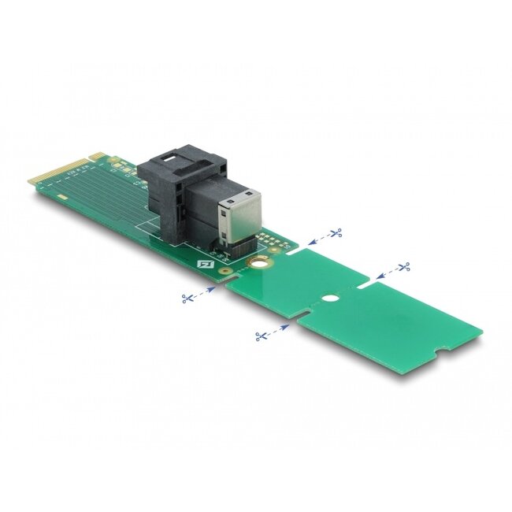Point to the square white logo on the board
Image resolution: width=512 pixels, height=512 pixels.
pos(208,265)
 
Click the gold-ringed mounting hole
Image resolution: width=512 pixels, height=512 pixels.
pos(257,266)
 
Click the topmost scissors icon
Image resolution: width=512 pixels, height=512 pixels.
pos(336,232)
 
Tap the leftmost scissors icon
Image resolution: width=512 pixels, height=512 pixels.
pos(187,298)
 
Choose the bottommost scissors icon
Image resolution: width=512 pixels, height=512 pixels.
pos(260,336)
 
